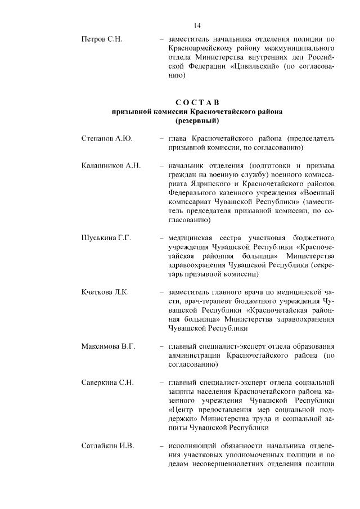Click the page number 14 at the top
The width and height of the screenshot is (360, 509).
click(x=197, y=25)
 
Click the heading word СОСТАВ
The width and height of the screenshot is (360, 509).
click(x=197, y=102)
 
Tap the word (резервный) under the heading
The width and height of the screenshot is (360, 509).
click(x=197, y=121)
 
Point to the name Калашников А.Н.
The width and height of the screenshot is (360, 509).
click(x=110, y=166)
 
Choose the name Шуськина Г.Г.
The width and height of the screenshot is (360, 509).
click(x=106, y=238)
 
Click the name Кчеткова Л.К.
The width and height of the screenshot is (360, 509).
click(x=105, y=292)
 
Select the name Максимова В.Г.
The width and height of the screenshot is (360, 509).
click(x=109, y=346)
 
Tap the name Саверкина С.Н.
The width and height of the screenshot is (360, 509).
click(x=107, y=383)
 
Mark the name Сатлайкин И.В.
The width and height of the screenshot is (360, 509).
click(x=108, y=446)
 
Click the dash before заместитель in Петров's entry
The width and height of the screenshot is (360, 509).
click(x=161, y=39)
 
